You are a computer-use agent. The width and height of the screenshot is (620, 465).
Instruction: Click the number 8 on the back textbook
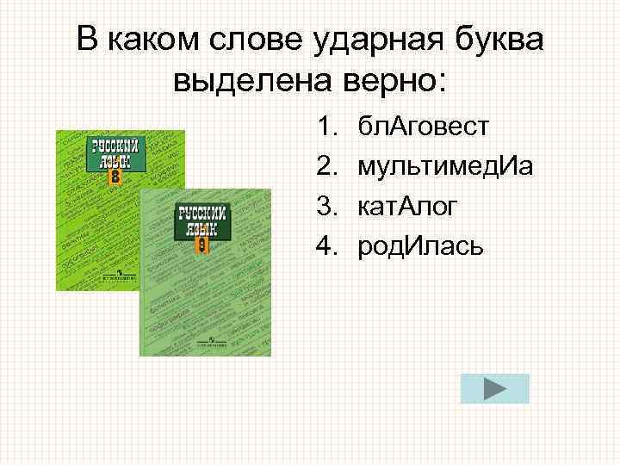click(115, 177)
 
